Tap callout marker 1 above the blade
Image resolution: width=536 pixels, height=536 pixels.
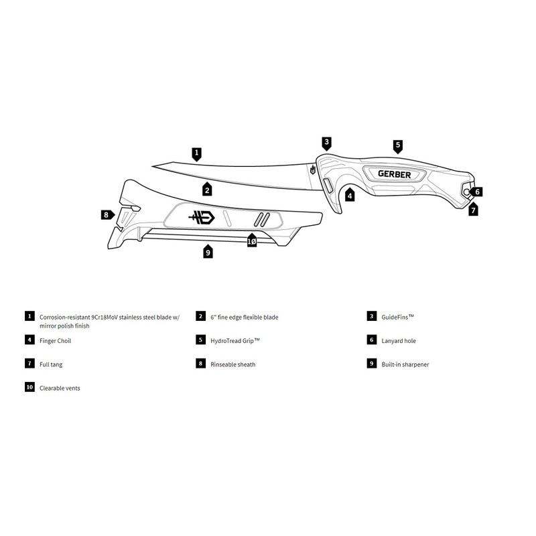point(196,153)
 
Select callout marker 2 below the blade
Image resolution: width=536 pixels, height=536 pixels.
point(208,190)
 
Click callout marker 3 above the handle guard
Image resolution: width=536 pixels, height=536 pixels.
point(326,142)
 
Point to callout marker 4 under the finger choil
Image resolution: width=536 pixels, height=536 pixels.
point(349,197)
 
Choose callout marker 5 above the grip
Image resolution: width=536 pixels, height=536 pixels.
point(397,145)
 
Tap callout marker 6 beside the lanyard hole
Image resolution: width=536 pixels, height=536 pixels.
point(478,192)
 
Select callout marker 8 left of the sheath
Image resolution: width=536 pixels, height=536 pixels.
point(106,215)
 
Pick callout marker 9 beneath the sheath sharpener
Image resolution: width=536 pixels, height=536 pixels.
point(208,252)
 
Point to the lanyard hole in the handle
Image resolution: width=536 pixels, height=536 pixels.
point(466,192)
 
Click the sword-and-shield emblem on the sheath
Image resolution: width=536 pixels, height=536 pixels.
point(201,218)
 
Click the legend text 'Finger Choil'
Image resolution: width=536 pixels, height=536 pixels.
point(55,341)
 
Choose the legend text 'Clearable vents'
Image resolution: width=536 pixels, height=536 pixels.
point(60,388)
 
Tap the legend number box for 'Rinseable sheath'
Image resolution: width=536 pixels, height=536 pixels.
point(200,364)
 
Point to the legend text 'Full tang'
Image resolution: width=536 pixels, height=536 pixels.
point(52,364)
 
